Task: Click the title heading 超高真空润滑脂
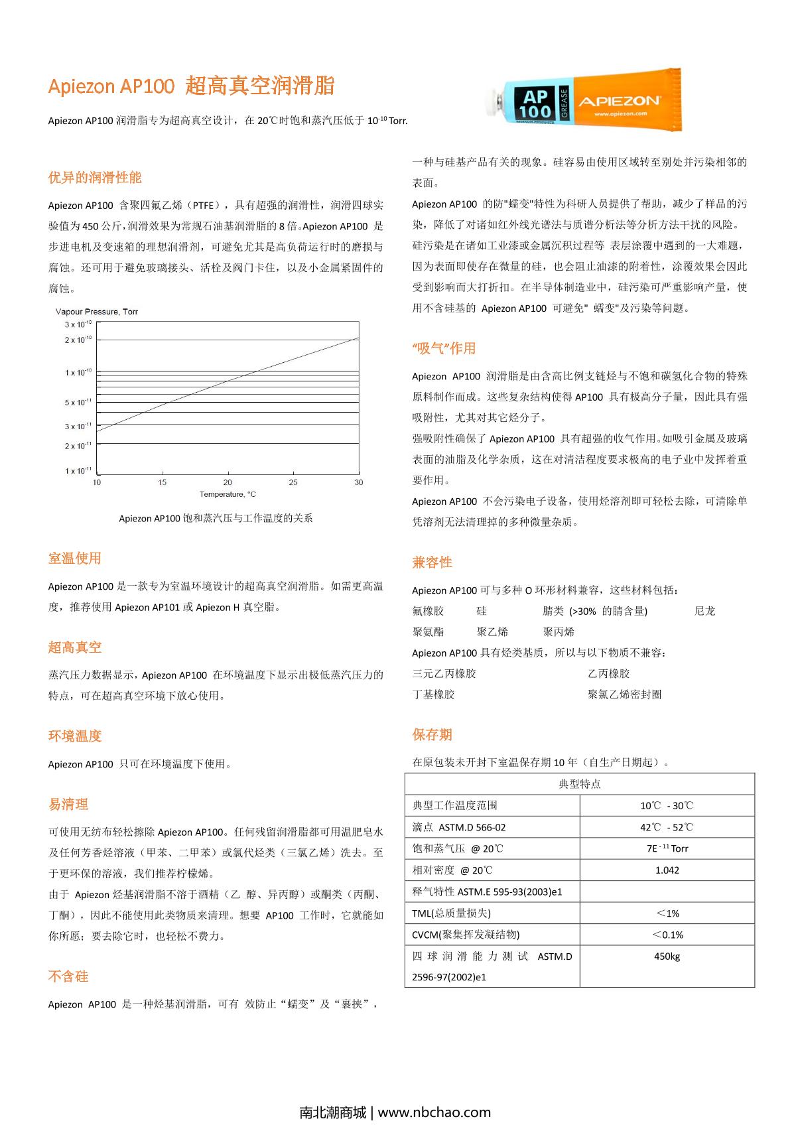click(x=259, y=86)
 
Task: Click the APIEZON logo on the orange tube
click(x=618, y=101)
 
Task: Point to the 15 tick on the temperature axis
click(x=163, y=482)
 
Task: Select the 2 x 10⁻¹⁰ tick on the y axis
click(x=78, y=340)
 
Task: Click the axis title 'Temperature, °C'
click(x=228, y=494)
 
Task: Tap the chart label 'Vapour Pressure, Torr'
click(x=97, y=312)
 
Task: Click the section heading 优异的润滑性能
click(x=95, y=178)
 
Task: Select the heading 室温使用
click(x=75, y=559)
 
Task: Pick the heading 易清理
click(x=68, y=805)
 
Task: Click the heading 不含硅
click(x=68, y=976)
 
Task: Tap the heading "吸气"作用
click(x=444, y=348)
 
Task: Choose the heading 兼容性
click(x=432, y=562)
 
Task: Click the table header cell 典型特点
click(x=579, y=784)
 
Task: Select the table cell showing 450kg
click(x=667, y=957)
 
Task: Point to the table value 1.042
click(x=667, y=870)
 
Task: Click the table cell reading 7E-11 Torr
click(x=667, y=848)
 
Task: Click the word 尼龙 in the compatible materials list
click(x=704, y=611)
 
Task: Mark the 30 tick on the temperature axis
click(x=359, y=482)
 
